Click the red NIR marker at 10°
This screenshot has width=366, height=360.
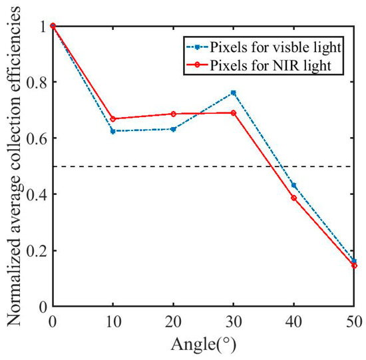(112, 119)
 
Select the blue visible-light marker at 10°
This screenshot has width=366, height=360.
(112, 131)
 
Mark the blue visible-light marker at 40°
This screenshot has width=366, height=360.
(293, 185)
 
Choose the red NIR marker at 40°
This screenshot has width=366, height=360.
(293, 198)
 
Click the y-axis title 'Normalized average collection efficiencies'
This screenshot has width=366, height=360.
(12, 166)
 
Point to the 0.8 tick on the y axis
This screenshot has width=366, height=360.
(39, 82)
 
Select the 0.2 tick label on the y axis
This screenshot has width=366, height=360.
(39, 251)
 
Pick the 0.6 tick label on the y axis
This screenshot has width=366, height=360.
(39, 138)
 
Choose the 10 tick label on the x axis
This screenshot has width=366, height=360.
(112, 321)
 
